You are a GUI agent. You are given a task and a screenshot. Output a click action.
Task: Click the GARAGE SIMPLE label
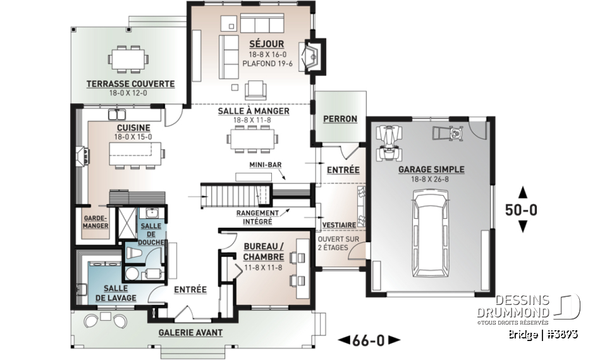[431, 170]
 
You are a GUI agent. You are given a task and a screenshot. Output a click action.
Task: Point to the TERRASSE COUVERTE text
[130, 84]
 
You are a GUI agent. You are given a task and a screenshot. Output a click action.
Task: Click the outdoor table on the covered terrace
[129, 59]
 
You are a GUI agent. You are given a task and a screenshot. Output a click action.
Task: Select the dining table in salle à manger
[253, 137]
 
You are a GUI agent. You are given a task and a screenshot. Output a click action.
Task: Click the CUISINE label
[133, 128]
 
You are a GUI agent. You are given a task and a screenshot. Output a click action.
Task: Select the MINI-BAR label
[265, 164]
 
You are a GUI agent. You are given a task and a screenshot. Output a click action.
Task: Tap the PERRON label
[340, 118]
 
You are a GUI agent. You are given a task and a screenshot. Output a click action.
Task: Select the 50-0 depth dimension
[522, 210]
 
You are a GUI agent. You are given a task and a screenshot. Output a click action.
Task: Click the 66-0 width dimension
[369, 340]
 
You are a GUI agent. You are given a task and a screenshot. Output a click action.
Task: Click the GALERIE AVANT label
[190, 333]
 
